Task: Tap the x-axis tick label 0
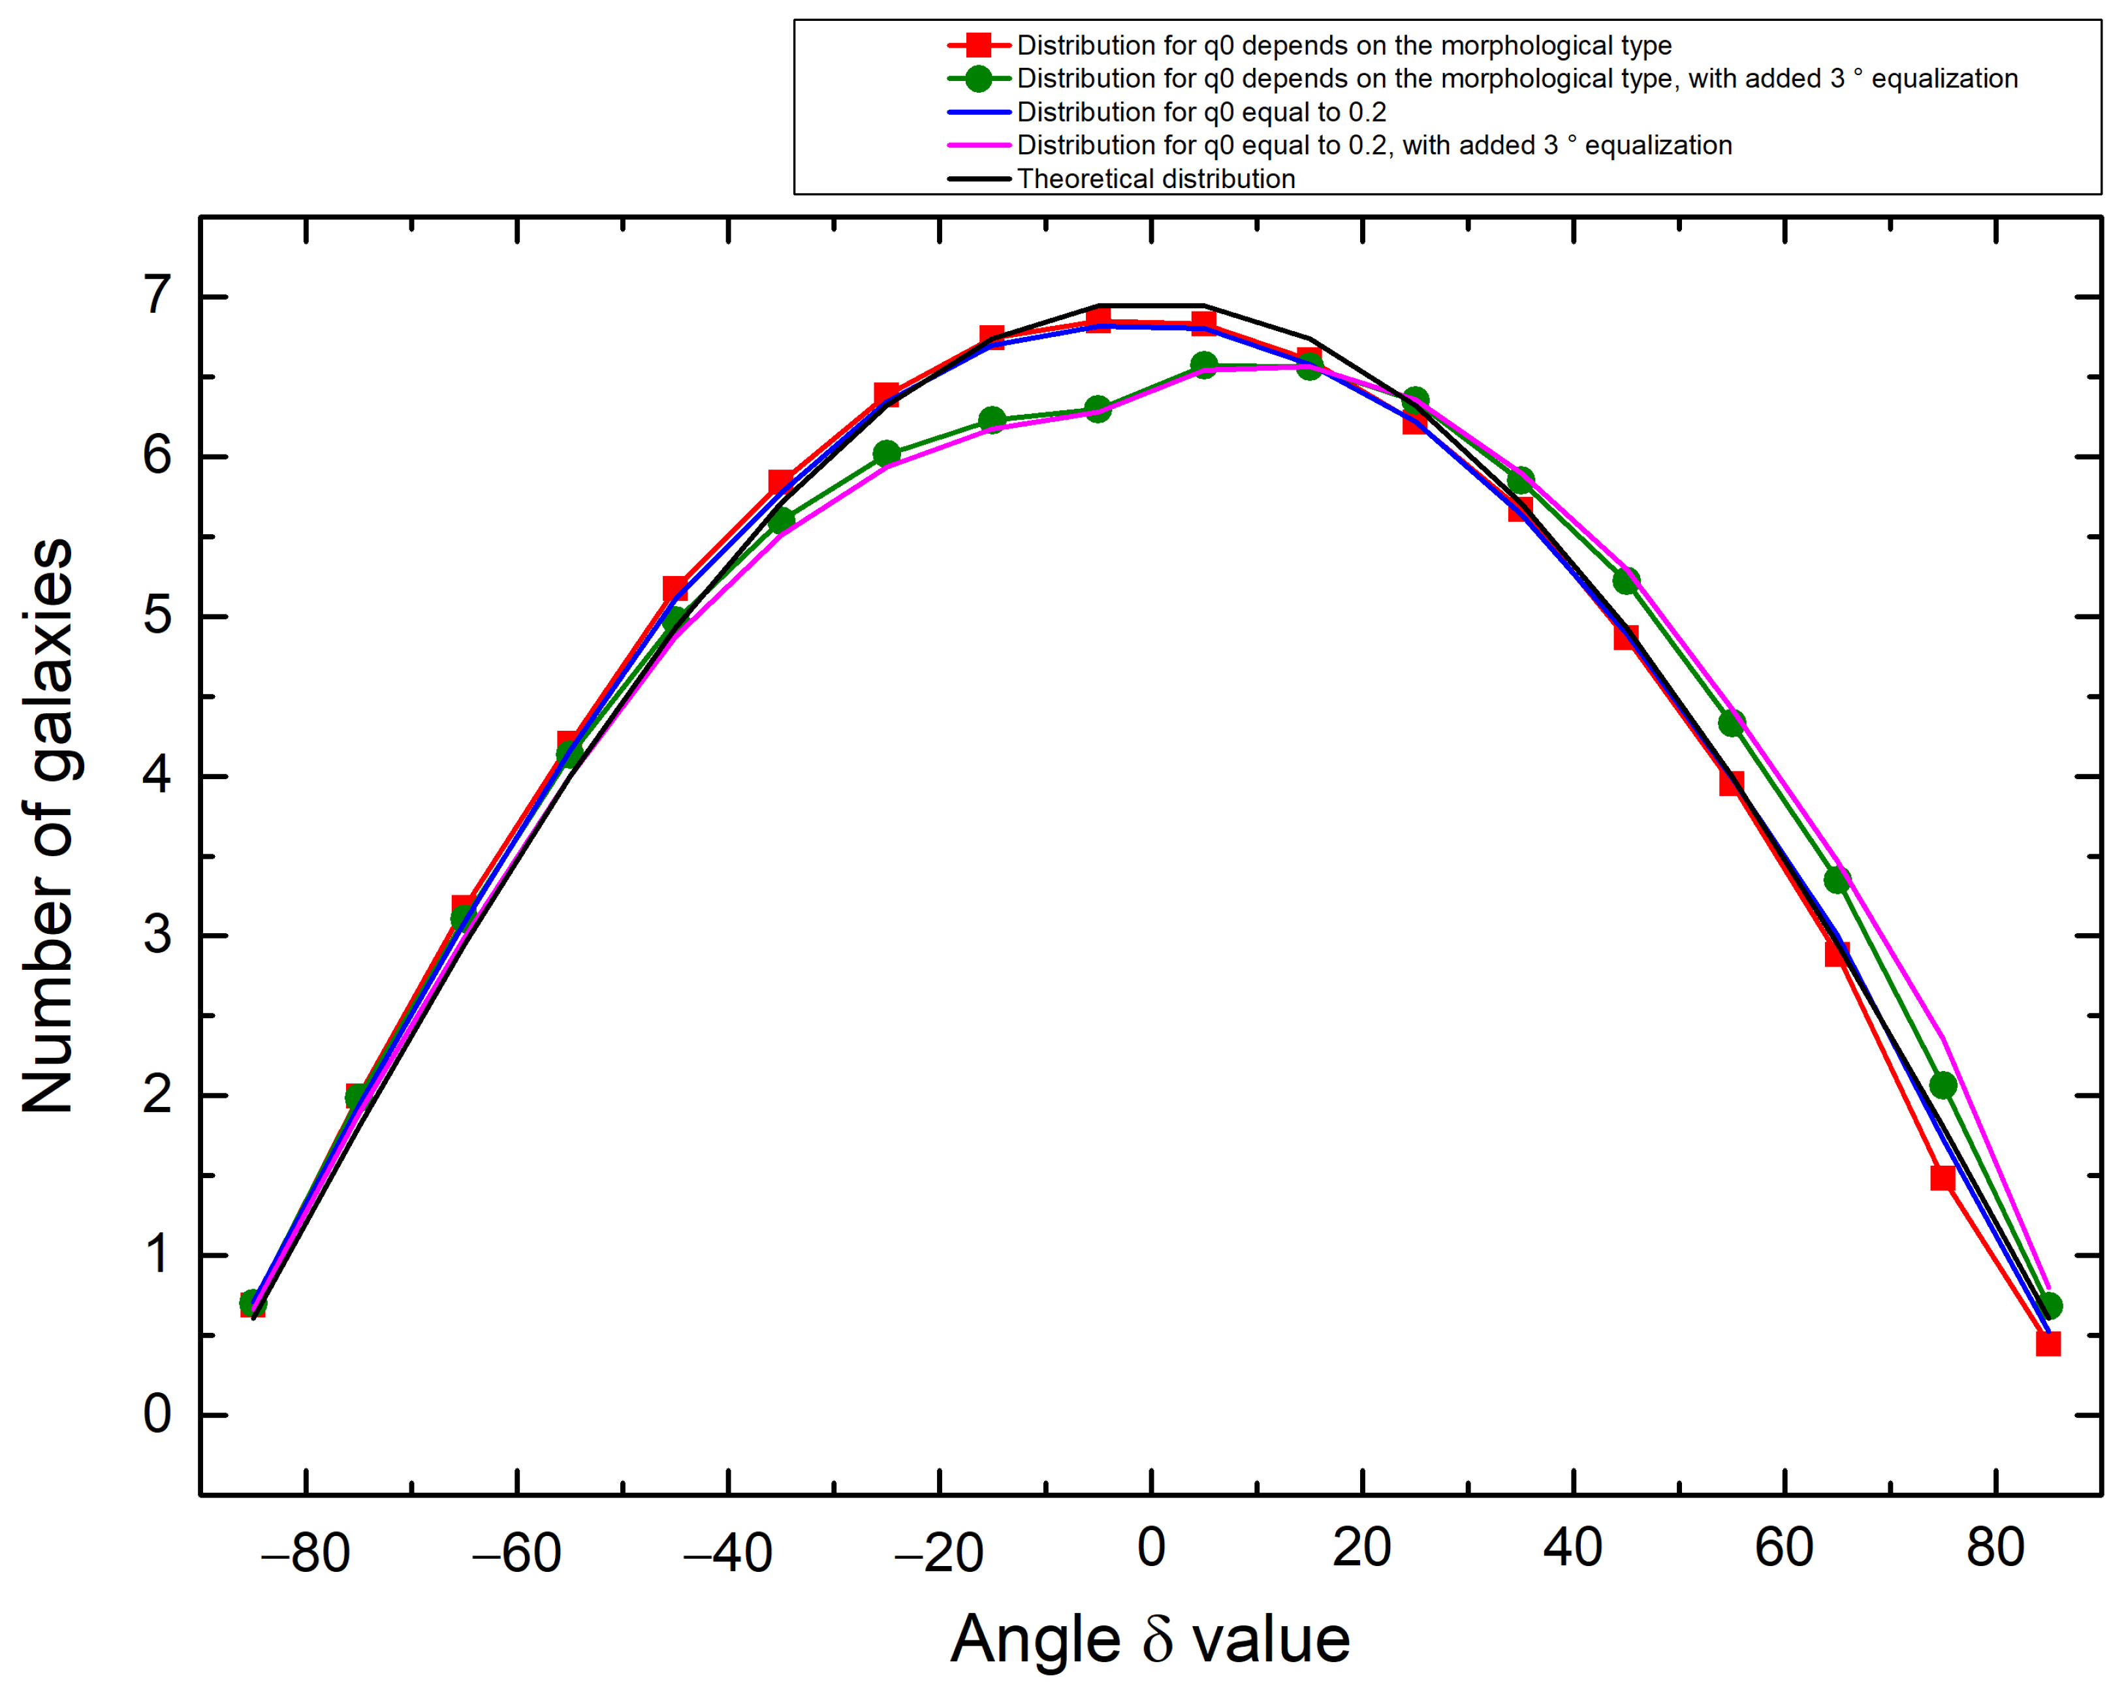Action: pyautogui.click(x=1150, y=1548)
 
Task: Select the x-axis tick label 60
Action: pyautogui.click(x=1784, y=1548)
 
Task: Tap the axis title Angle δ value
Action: pyautogui.click(x=1150, y=1640)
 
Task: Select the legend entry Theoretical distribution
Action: pyautogui.click(x=1156, y=178)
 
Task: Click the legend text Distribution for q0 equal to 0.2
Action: pyautogui.click(x=1201, y=112)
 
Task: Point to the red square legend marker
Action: pyautogui.click(x=978, y=45)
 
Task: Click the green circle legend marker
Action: pyautogui.click(x=978, y=79)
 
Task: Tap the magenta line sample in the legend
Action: pyautogui.click(x=978, y=145)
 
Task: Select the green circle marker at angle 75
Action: pyautogui.click(x=1943, y=1085)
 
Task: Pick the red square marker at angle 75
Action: pyautogui.click(x=1943, y=1178)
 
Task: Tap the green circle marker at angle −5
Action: pyautogui.click(x=1098, y=408)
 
